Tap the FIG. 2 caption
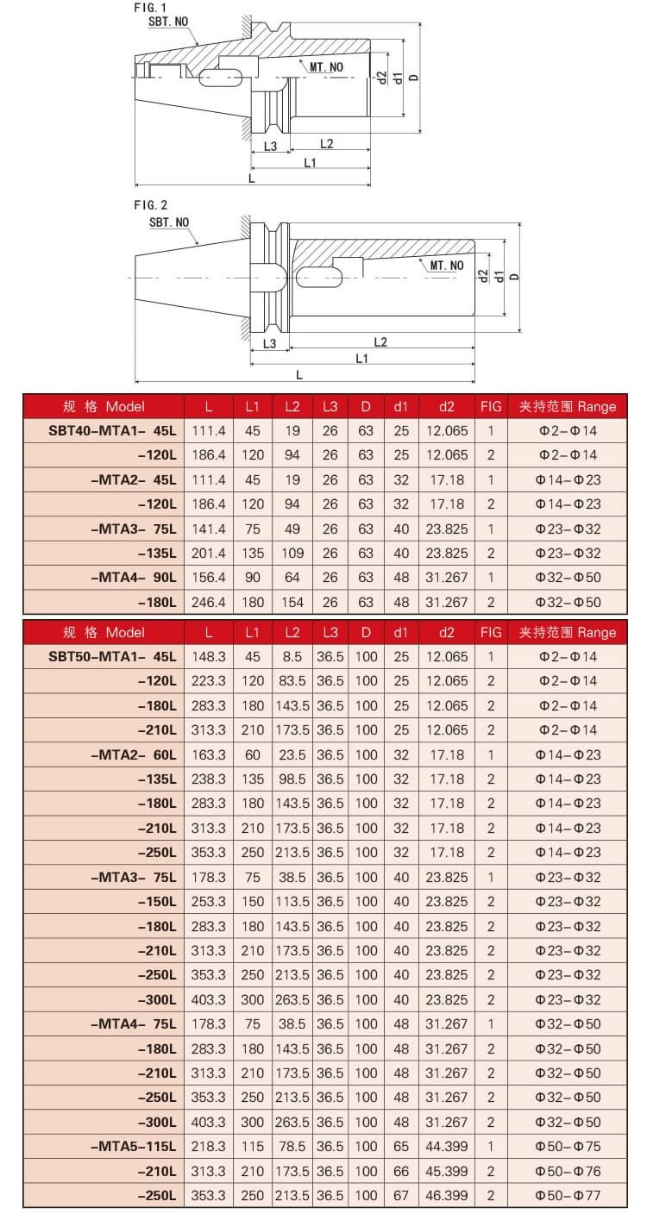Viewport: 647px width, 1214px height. [x=150, y=204]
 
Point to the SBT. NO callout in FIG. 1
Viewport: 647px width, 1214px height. [x=168, y=22]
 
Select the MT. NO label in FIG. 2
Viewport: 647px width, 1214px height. [x=447, y=266]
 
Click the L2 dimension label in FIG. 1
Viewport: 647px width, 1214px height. [x=326, y=143]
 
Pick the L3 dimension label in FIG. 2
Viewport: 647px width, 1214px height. [x=269, y=343]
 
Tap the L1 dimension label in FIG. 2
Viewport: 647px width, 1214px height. [x=362, y=358]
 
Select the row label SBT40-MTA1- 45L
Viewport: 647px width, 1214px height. [x=112, y=429]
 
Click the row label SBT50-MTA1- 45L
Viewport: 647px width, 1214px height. [x=112, y=656]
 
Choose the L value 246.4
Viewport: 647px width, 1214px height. [x=209, y=602]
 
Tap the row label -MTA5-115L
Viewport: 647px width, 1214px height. [x=133, y=1147]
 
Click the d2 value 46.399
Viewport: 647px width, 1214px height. [x=446, y=1196]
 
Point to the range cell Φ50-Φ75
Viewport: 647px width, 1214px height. [x=567, y=1147]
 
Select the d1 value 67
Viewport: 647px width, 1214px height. [x=400, y=1196]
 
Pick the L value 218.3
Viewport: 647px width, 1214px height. [x=209, y=1147]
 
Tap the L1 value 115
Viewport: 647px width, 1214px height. [x=252, y=1147]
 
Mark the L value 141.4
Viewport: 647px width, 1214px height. [x=209, y=529]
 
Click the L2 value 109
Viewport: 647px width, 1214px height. [x=292, y=553]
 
